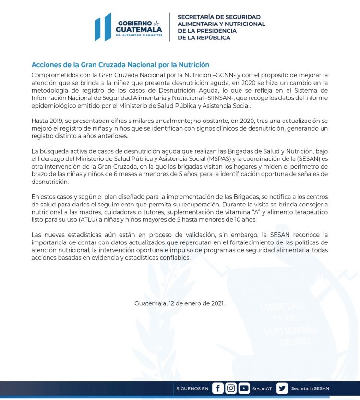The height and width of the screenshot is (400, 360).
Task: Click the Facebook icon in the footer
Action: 218,388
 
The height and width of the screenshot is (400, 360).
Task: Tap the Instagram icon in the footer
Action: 231,388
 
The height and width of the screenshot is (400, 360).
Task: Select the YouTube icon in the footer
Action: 244,388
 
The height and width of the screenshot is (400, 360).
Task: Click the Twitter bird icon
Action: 282,388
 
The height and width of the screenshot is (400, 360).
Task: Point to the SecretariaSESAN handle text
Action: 310,388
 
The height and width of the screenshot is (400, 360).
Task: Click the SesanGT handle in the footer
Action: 262,388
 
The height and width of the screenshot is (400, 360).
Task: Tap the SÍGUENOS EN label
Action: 192,388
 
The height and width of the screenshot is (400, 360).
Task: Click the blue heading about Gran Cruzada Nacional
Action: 120,65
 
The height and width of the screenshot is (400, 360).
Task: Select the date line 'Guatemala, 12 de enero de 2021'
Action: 180,303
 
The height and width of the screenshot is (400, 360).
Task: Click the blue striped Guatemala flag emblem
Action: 103,27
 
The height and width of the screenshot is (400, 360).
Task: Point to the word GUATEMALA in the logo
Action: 139,29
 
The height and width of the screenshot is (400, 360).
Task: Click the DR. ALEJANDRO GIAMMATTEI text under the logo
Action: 139,36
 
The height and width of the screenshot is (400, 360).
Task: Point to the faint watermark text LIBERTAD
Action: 282,306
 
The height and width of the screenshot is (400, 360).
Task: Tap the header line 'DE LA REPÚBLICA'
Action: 204,37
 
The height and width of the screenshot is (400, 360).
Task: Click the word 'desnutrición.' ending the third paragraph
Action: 50,182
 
